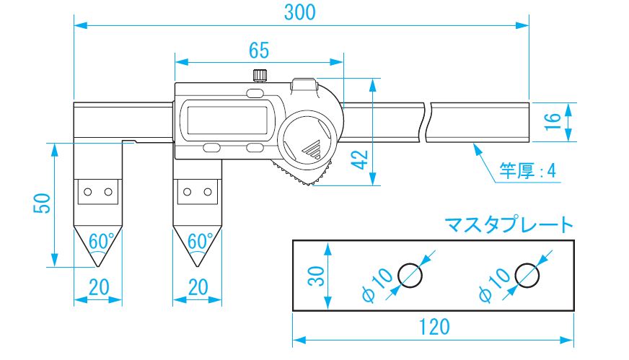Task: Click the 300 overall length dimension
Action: tap(301, 12)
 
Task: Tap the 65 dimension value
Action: tap(258, 50)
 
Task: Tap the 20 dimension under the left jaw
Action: tap(98, 287)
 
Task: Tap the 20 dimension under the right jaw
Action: tap(196, 287)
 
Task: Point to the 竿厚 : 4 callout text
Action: tap(528, 172)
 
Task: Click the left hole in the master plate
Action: tap(409, 275)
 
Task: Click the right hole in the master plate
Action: tap(527, 275)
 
